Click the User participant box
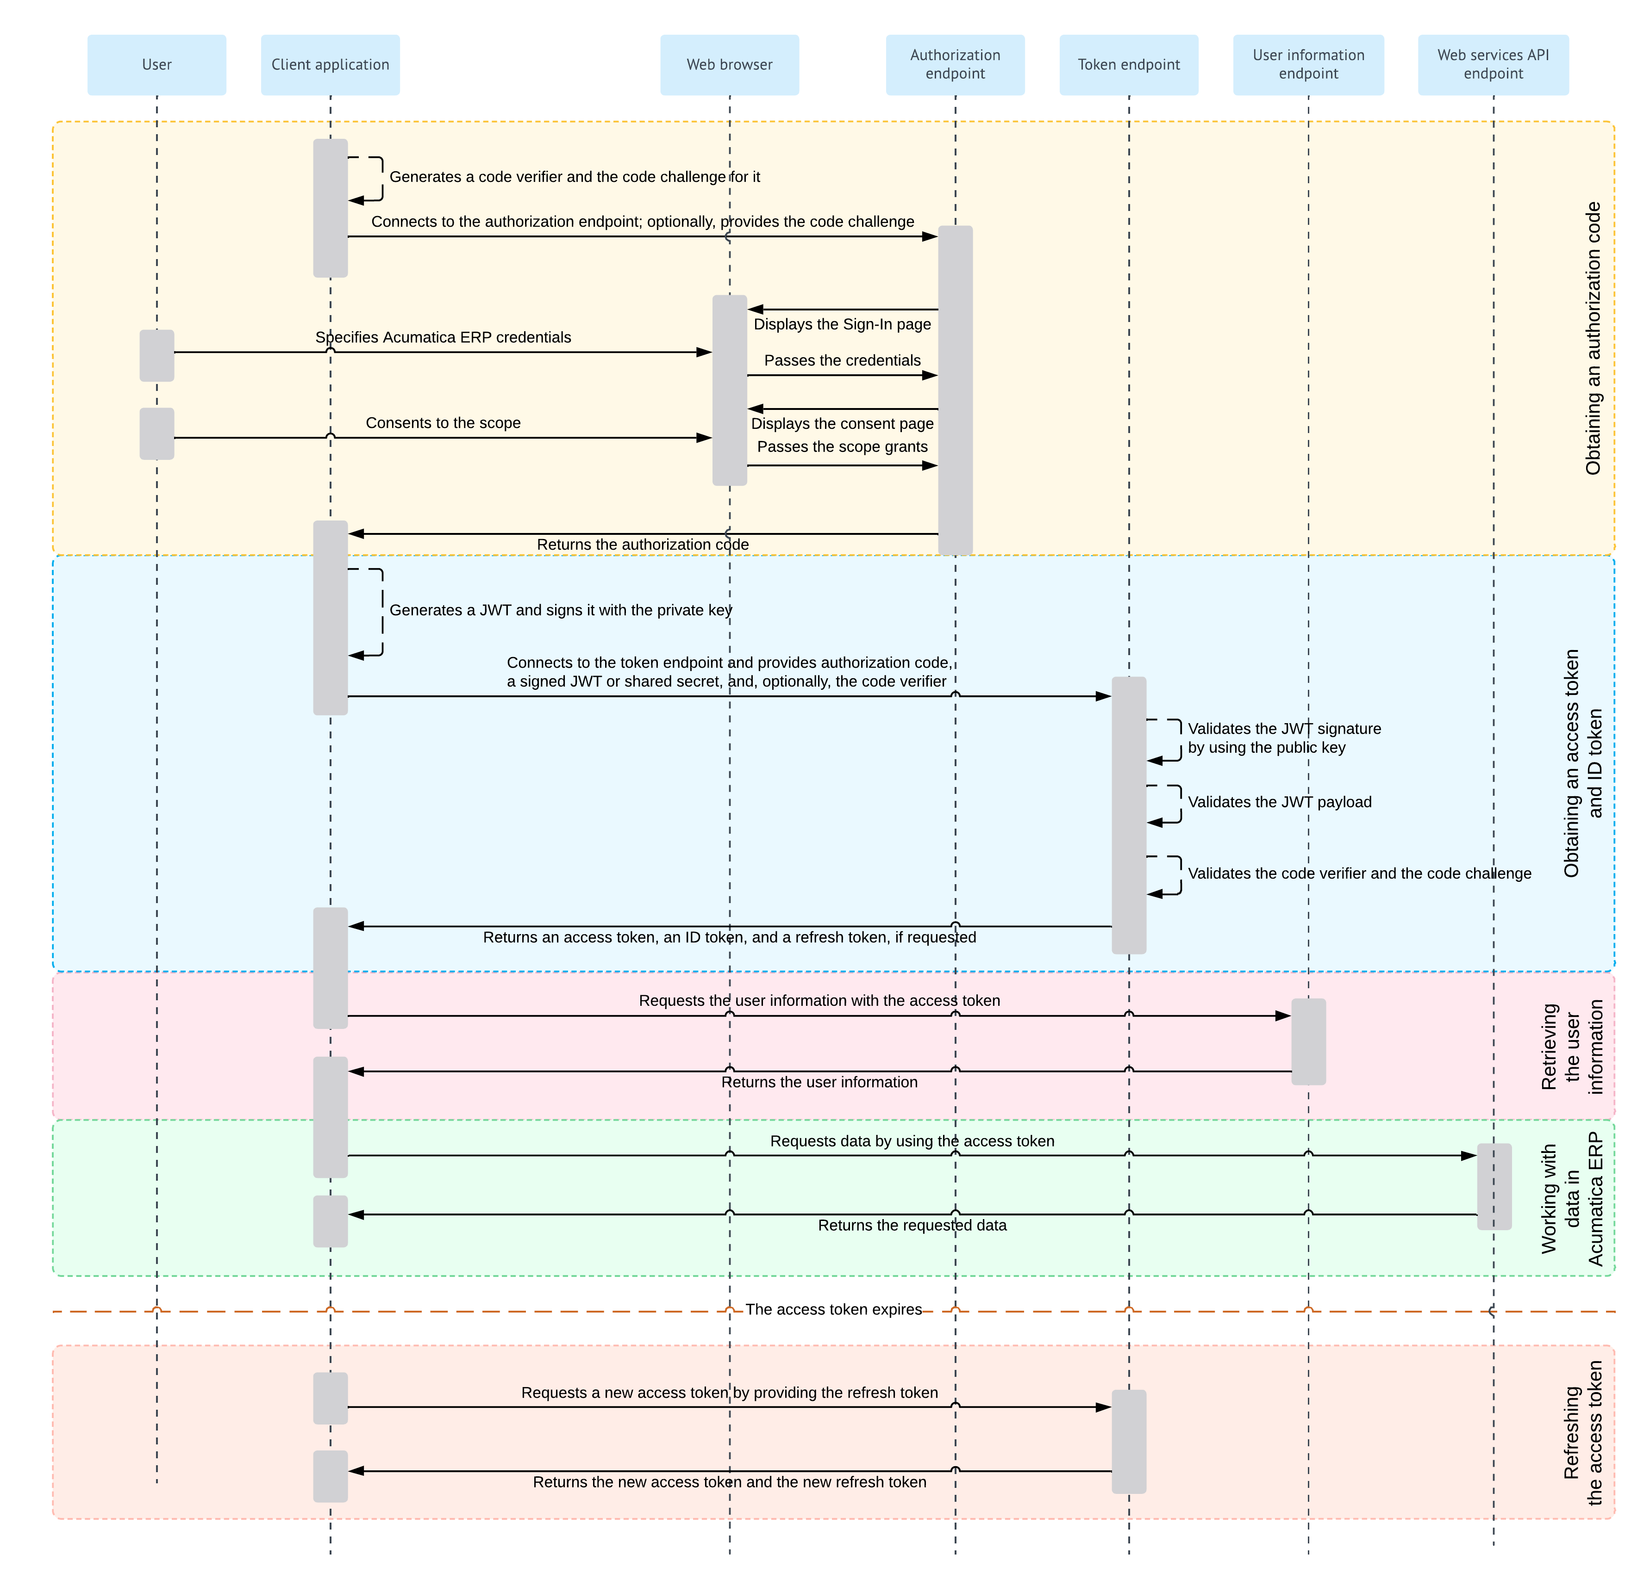click(x=156, y=65)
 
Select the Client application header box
click(x=330, y=65)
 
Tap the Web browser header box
click(x=729, y=65)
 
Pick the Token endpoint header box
click(x=1128, y=65)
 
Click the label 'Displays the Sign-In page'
click(x=842, y=324)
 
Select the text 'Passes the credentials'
click(x=842, y=360)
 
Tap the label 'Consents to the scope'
click(x=443, y=422)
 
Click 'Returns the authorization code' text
click(x=642, y=545)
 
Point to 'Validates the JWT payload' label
click(x=1279, y=802)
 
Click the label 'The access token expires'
click(x=833, y=1309)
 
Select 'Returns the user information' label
click(x=819, y=1082)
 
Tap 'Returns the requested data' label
click(x=912, y=1225)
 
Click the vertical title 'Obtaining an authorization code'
click(x=1593, y=338)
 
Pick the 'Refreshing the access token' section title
click(x=1583, y=1433)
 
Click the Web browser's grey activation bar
click(x=729, y=390)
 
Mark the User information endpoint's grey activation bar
click(x=1308, y=1042)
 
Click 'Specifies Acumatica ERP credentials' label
click(x=443, y=337)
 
